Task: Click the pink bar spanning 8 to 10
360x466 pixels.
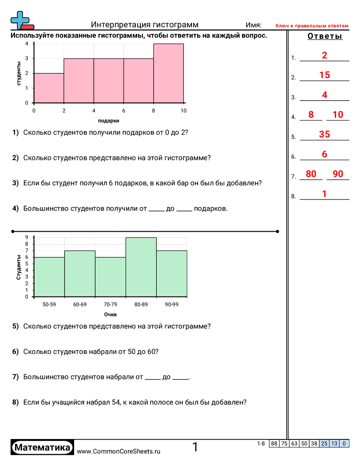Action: [169, 73]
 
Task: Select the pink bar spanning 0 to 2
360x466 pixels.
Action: [49, 88]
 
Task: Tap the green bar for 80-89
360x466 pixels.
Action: [141, 267]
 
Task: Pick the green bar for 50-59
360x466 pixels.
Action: [49, 277]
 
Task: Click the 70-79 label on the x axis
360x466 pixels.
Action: [110, 304]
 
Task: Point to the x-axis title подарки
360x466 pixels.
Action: [109, 120]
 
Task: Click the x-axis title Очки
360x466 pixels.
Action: [110, 315]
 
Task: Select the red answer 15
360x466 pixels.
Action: [324, 75]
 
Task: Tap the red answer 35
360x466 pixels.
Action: [324, 135]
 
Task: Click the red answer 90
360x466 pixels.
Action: [338, 174]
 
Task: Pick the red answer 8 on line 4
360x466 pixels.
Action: [311, 115]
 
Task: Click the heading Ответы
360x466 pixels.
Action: [325, 37]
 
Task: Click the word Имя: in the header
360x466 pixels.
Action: [253, 25]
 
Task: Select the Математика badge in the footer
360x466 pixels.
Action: [42, 447]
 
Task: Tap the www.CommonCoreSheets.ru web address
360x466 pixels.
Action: [118, 451]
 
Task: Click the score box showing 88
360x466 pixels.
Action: [274, 443]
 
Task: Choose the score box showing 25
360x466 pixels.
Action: [324, 443]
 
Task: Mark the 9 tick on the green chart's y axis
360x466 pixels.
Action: [27, 237]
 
